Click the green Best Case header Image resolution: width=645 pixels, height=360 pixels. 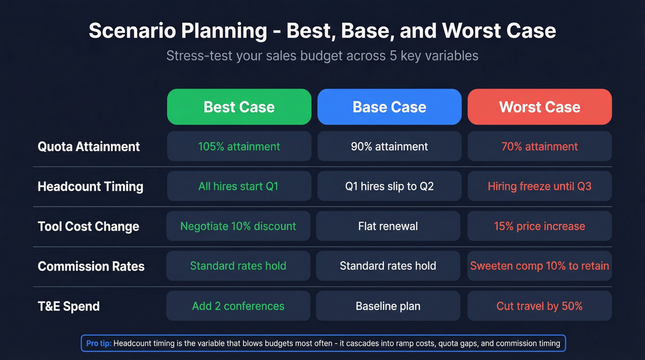click(239, 107)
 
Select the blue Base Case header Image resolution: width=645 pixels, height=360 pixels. click(389, 107)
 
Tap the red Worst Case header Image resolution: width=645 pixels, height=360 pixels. click(539, 107)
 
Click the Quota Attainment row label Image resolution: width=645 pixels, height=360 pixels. click(88, 147)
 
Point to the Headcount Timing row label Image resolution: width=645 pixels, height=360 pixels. click(90, 186)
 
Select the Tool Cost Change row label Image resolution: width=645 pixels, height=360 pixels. click(88, 226)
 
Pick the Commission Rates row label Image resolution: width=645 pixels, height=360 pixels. click(91, 266)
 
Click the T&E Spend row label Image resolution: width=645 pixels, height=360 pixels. click(69, 306)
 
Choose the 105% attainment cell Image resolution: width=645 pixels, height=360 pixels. click(239, 147)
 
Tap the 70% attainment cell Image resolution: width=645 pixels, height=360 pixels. click(539, 147)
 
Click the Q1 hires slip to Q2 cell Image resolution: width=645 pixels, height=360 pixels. click(389, 186)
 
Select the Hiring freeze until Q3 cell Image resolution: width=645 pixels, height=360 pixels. click(539, 186)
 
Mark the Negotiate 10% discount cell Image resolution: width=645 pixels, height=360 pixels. click(238, 226)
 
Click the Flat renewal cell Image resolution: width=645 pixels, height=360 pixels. click(388, 226)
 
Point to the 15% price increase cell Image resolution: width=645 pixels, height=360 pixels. click(539, 226)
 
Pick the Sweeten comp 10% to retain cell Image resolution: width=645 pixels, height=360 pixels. click(539, 266)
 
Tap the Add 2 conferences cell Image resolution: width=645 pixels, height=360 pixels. click(238, 306)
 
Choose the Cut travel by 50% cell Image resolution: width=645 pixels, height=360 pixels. click(539, 306)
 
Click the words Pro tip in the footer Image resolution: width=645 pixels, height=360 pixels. click(99, 343)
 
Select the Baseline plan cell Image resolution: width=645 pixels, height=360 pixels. click(388, 306)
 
